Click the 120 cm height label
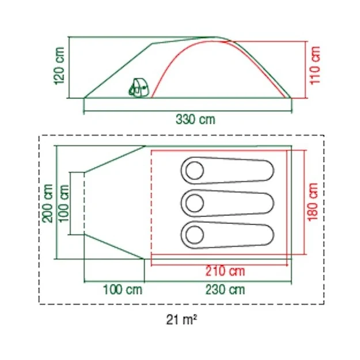59,66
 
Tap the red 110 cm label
315,66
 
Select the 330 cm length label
195,120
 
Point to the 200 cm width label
48,203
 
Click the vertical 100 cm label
64,203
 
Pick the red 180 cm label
313,202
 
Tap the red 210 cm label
225,271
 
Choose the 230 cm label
225,290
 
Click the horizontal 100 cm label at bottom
123,290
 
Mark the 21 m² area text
181,319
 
